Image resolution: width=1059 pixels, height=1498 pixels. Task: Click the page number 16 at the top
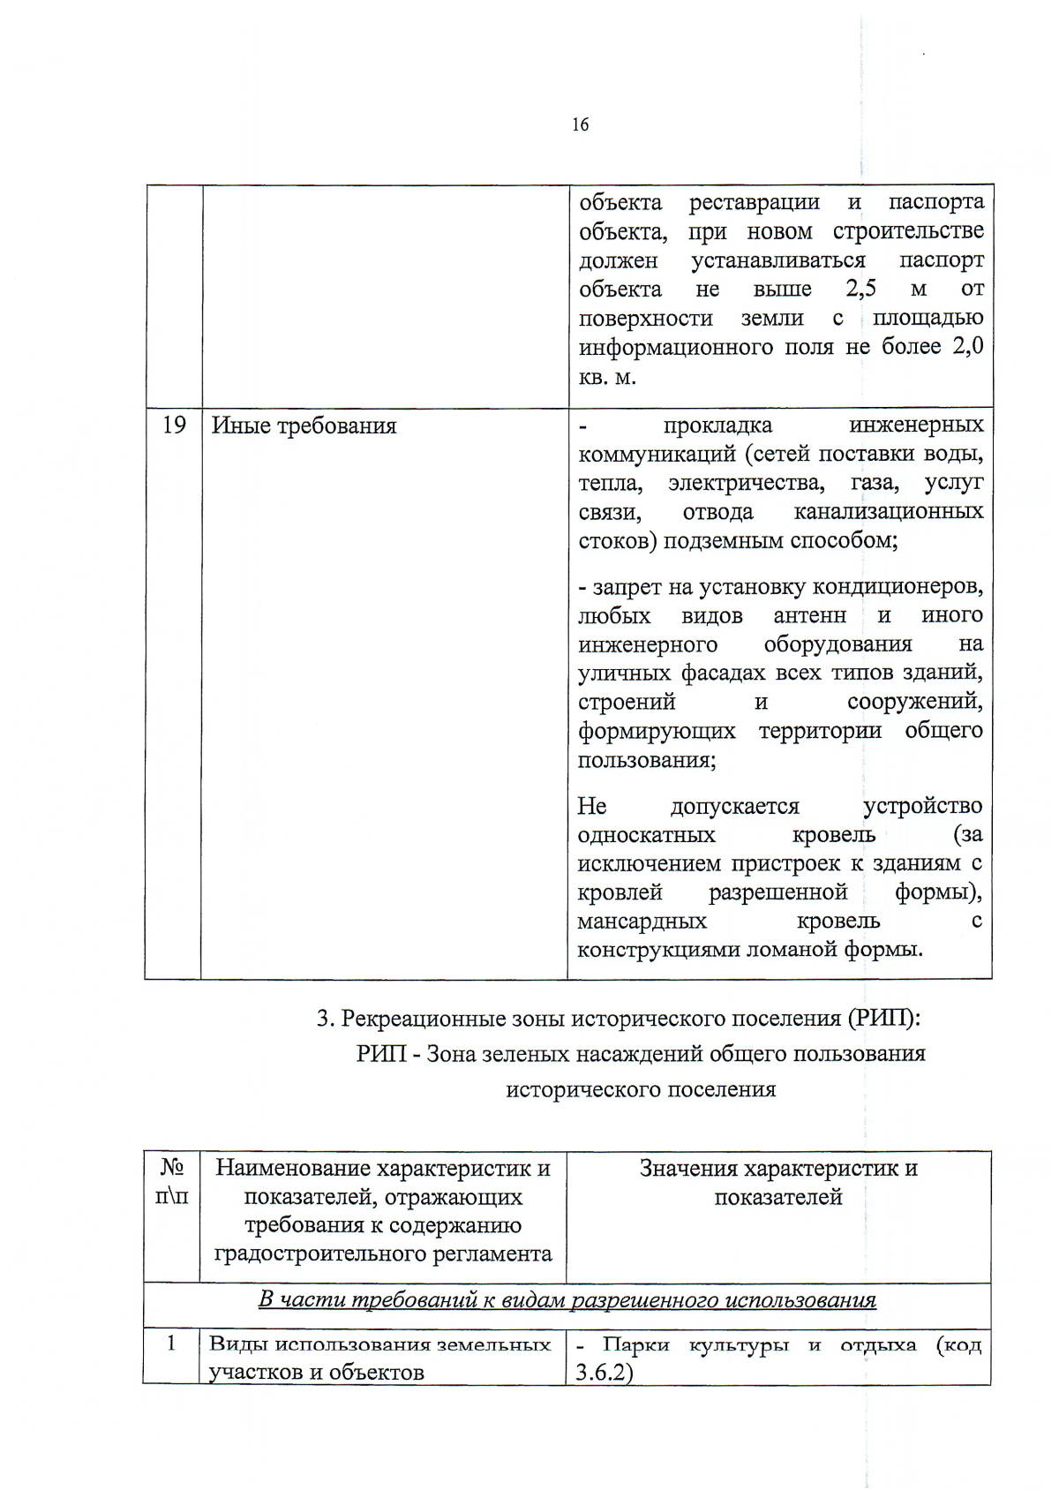[x=580, y=124]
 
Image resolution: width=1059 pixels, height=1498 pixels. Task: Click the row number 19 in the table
[x=174, y=425]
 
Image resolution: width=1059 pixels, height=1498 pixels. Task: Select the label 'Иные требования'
[x=304, y=426]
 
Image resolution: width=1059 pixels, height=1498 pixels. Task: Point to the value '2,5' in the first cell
[x=860, y=289]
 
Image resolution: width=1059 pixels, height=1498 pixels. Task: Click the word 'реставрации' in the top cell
[x=754, y=202]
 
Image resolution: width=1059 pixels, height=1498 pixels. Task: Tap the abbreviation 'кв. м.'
[x=607, y=377]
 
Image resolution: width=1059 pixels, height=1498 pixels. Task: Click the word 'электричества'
[x=746, y=483]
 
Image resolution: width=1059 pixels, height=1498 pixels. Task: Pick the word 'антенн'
[x=809, y=615]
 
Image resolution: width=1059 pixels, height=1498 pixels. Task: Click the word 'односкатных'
[x=646, y=834]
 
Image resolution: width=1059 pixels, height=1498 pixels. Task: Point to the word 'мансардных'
[x=642, y=921]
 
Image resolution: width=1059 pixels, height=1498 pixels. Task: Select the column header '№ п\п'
[x=173, y=1182]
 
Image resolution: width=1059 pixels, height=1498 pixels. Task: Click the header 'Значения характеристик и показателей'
[x=778, y=1182]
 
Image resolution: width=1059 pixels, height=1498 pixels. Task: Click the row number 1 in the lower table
[x=171, y=1343]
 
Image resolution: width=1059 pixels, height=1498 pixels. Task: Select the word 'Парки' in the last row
[x=635, y=1344]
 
